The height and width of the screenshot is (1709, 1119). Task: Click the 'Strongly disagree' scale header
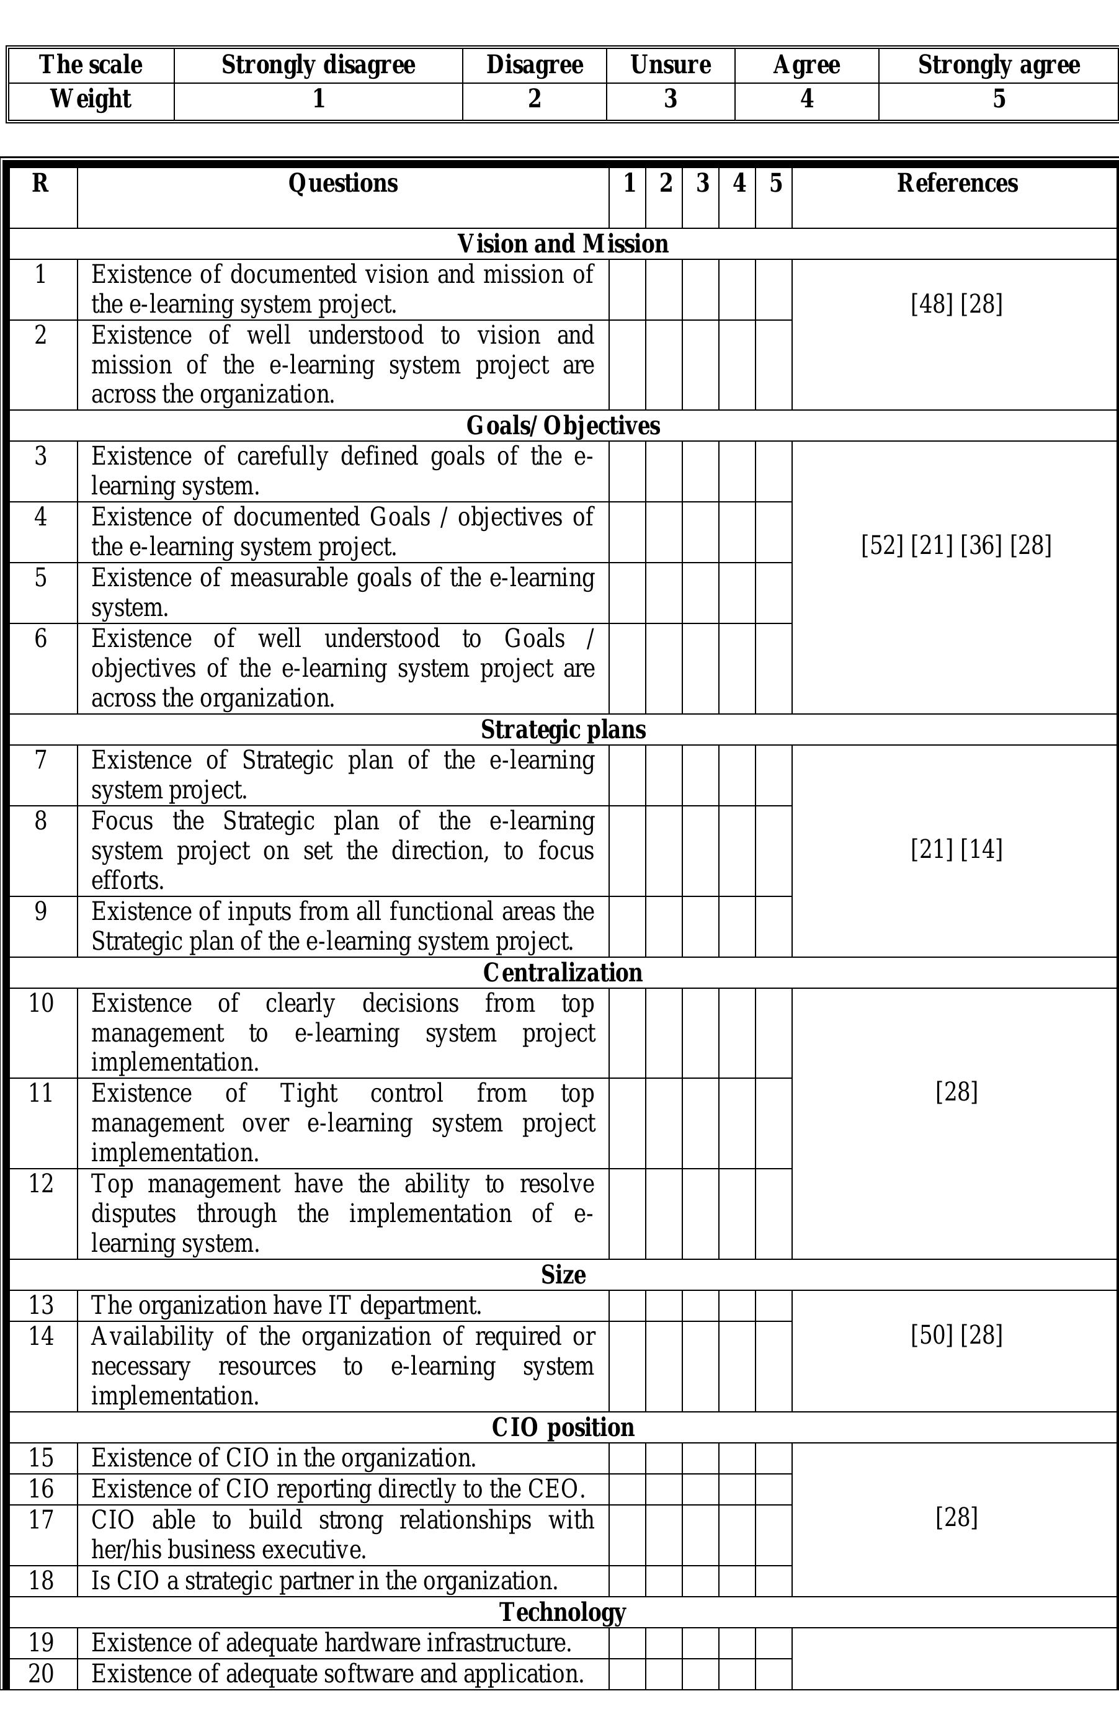coord(318,65)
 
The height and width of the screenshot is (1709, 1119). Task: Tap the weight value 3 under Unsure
coord(670,99)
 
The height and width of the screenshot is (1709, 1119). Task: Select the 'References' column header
coord(956,184)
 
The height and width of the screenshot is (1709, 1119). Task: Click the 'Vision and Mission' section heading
coord(563,244)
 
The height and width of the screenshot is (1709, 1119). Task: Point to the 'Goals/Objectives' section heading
coord(563,426)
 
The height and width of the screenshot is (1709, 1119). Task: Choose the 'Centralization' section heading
coord(563,972)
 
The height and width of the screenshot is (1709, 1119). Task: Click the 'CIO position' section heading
coord(563,1427)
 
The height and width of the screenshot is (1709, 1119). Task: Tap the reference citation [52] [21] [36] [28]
coord(956,546)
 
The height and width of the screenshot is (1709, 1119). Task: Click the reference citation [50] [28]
coord(956,1336)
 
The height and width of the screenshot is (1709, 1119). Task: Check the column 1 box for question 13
coord(627,1305)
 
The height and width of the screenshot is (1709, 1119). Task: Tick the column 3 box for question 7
coord(700,775)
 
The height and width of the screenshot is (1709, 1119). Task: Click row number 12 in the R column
coord(41,1184)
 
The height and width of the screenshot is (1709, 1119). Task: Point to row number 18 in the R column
coord(41,1581)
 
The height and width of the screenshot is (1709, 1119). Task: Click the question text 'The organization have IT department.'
coord(286,1305)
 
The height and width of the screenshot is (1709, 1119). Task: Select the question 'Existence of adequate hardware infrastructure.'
coord(331,1643)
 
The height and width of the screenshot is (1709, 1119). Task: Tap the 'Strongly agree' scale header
coord(998,65)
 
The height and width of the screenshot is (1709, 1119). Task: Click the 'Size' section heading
coord(563,1275)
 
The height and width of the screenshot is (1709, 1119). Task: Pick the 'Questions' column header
coord(342,184)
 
